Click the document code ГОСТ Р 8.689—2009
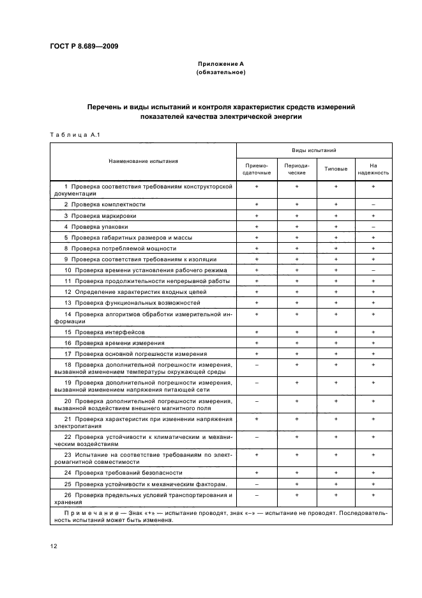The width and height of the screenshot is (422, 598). pyautogui.click(x=83, y=46)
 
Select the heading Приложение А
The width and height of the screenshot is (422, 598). pyautogui.click(x=220, y=64)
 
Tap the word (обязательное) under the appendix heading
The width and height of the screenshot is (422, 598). pyautogui.click(x=220, y=72)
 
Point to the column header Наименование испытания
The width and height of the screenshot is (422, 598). pyautogui.click(x=143, y=162)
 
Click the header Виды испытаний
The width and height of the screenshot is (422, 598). pyautogui.click(x=314, y=150)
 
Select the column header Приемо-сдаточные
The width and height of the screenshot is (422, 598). pyautogui.click(x=257, y=169)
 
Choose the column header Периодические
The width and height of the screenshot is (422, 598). pyautogui.click(x=296, y=169)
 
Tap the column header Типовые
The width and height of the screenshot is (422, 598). pyautogui.click(x=336, y=169)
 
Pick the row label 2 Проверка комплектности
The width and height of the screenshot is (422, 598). pyautogui.click(x=105, y=204)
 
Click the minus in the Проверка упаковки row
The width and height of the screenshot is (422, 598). pyautogui.click(x=373, y=226)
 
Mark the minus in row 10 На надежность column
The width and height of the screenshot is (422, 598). pyautogui.click(x=373, y=270)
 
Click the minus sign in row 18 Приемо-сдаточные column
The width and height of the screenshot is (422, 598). pyautogui.click(x=257, y=364)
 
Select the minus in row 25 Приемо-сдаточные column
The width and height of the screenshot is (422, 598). pyautogui.click(x=257, y=484)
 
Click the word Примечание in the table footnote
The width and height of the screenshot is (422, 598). pyautogui.click(x=88, y=512)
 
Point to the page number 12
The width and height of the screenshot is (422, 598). pyautogui.click(x=53, y=545)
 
